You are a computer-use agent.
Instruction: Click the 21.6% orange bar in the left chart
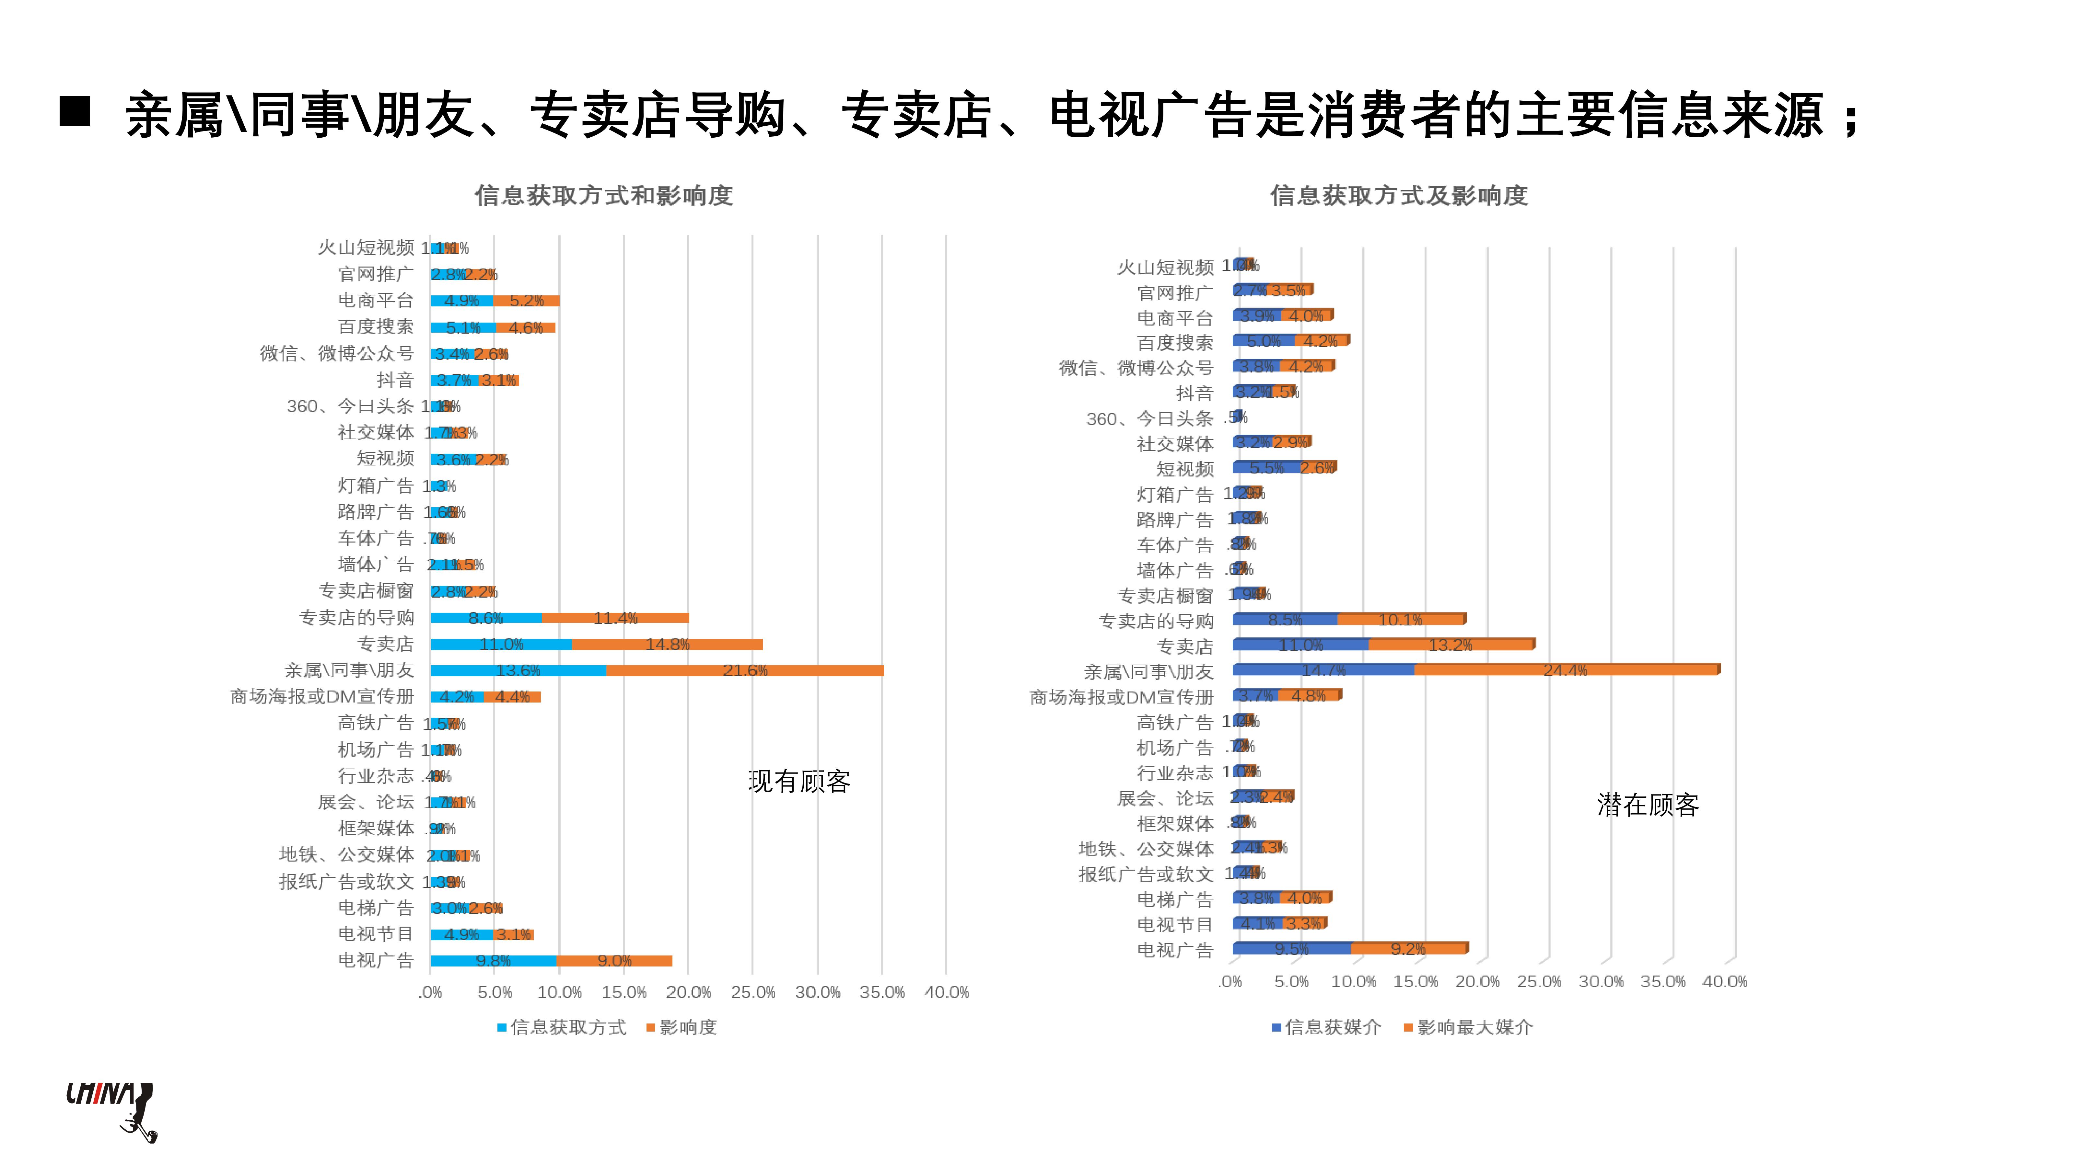point(745,670)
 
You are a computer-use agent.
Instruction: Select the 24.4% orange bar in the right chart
point(1566,669)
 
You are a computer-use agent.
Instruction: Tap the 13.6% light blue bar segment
point(518,670)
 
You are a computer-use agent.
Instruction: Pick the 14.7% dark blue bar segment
point(1323,669)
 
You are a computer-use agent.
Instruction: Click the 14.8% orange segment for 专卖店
point(667,644)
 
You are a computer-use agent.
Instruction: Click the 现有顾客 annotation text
point(799,781)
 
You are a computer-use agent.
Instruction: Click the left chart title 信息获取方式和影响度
point(603,196)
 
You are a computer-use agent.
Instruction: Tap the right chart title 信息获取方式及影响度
point(1399,196)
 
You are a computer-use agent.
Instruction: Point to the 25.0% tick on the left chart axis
point(753,992)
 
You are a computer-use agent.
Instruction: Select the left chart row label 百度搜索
point(375,327)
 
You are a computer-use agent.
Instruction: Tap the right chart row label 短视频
point(1184,468)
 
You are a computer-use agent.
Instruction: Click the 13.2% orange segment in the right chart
point(1451,645)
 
